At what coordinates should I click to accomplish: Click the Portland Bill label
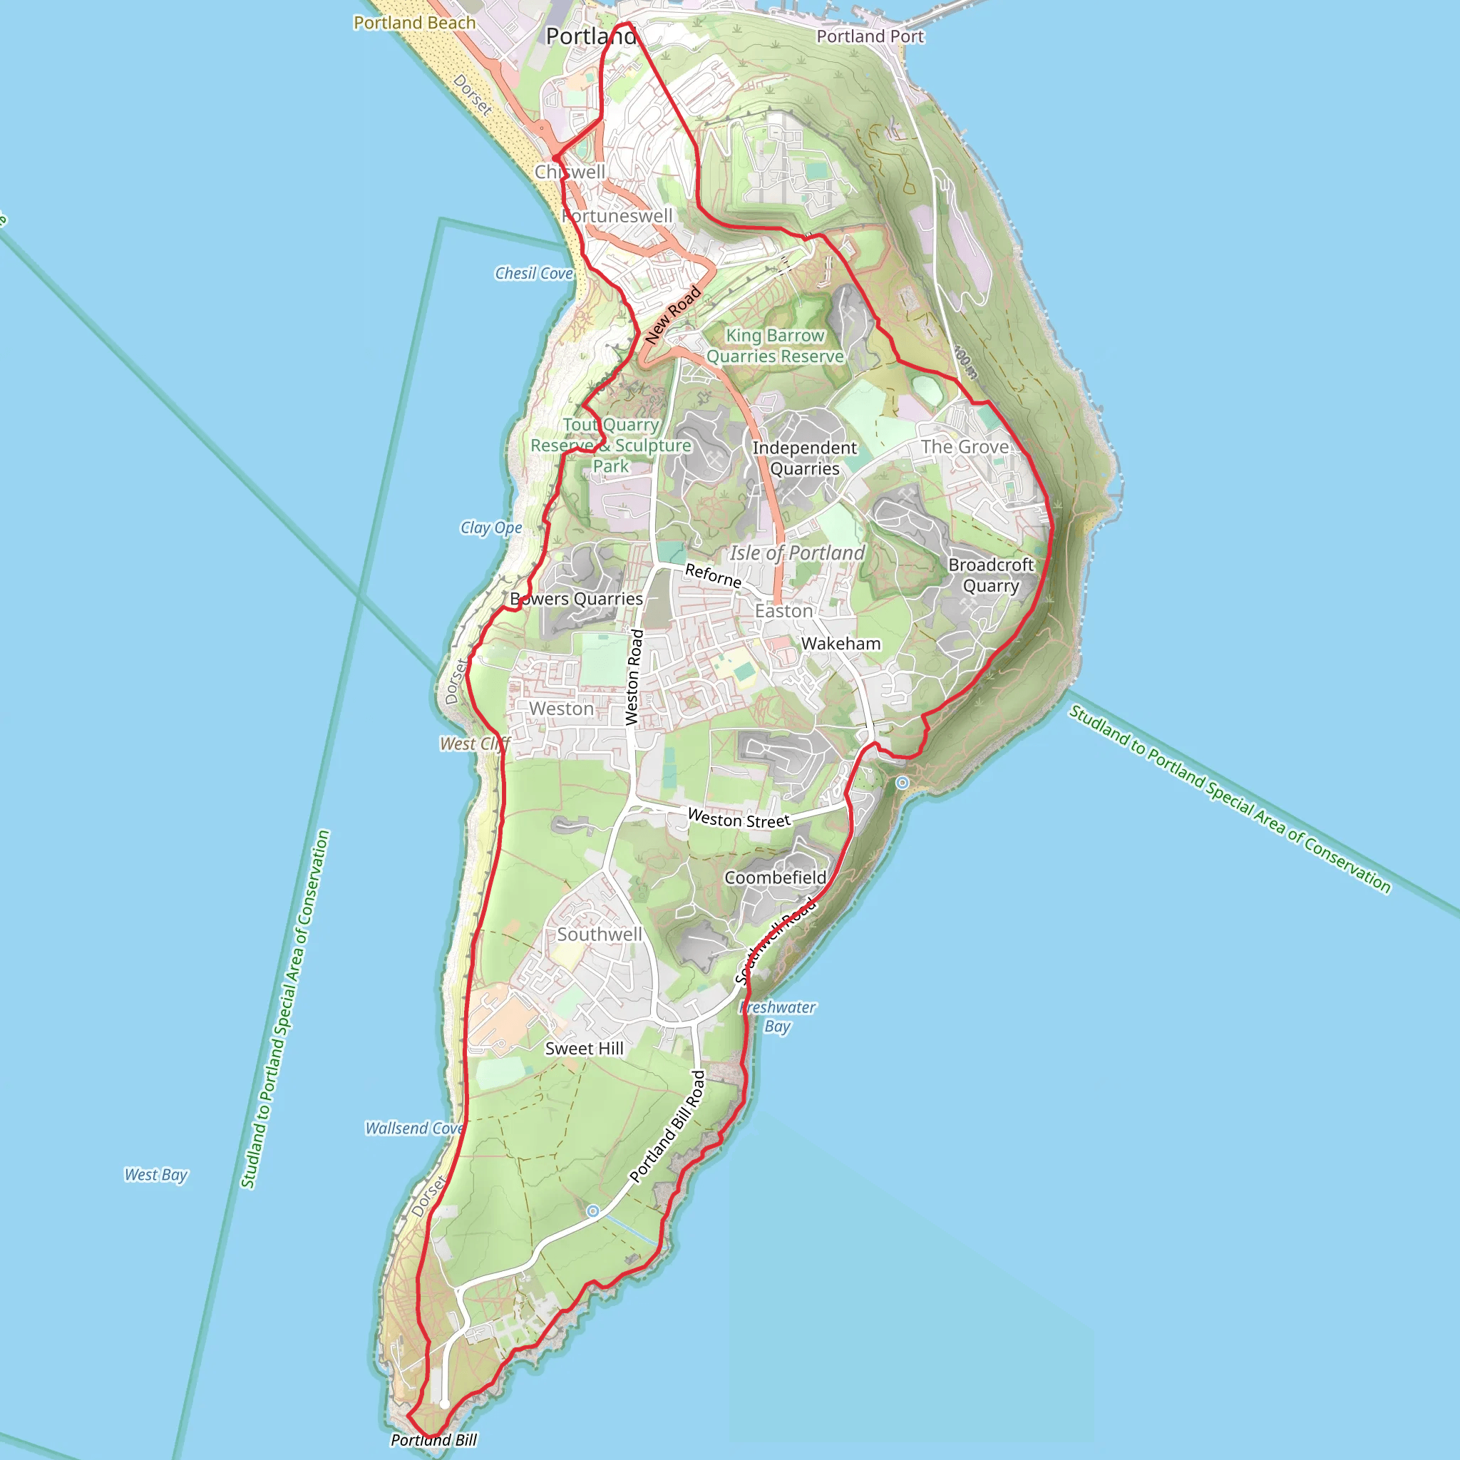point(433,1439)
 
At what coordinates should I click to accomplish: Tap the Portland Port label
point(870,36)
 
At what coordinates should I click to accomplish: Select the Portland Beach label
point(414,23)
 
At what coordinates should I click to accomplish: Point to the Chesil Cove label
point(533,274)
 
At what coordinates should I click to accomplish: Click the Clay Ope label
point(491,528)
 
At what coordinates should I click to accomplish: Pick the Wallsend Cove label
point(414,1129)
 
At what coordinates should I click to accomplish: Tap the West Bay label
point(155,1174)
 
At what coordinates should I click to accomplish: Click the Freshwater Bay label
point(778,1017)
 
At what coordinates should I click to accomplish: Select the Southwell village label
point(600,934)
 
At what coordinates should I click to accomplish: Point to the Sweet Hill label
point(584,1048)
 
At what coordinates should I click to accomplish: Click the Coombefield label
point(776,878)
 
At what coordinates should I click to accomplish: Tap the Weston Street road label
point(739,818)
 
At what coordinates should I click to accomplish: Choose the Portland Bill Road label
point(667,1126)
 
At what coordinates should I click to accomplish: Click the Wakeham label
point(840,644)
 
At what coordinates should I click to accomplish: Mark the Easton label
point(783,611)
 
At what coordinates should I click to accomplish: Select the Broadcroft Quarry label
point(991,575)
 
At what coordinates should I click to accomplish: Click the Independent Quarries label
point(805,458)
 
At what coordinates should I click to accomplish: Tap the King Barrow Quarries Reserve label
point(775,345)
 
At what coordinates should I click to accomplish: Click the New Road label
point(672,315)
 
